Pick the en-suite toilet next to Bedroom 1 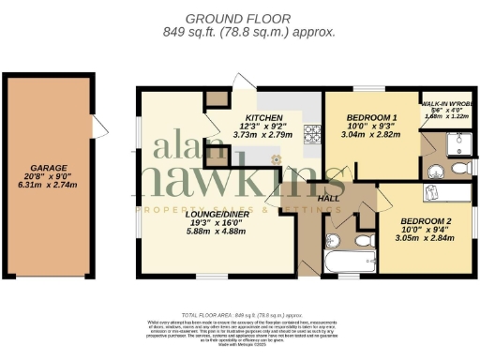click(x=458, y=169)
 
